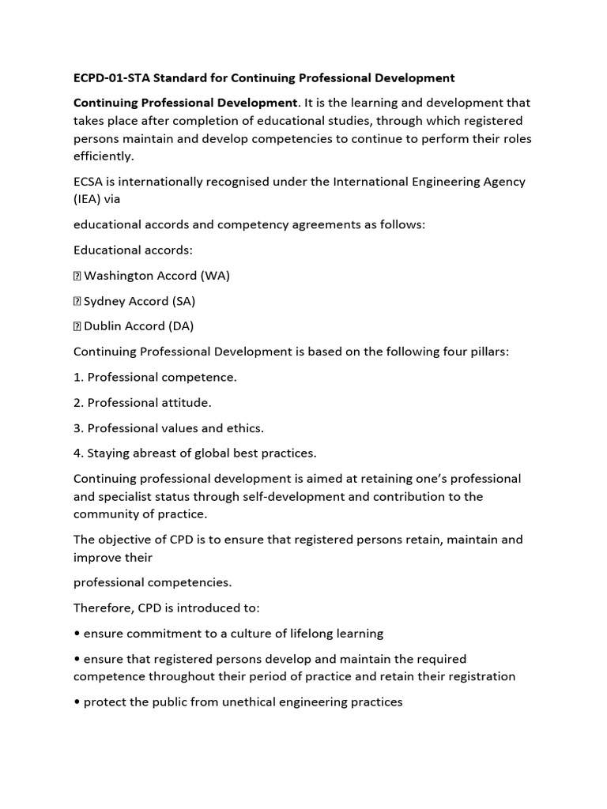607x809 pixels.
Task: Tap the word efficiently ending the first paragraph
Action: pos(103,156)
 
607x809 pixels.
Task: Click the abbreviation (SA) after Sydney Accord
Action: pos(183,301)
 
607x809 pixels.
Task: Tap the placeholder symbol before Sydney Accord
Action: pos(77,301)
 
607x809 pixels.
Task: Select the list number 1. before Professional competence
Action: pos(78,377)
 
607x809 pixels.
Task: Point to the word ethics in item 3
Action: pos(246,427)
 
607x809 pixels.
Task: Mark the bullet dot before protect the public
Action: pos(77,702)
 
